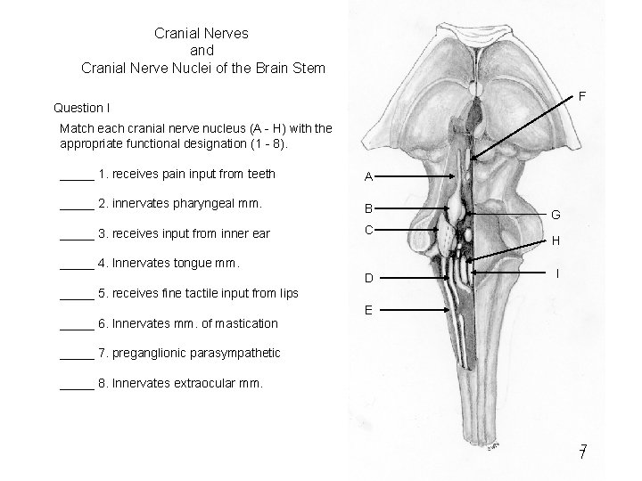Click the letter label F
pos(581,95)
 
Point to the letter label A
pos(368,176)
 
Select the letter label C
pos(368,230)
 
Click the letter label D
pos(368,279)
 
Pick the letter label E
pos(368,311)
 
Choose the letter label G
pos(556,215)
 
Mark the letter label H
pos(556,240)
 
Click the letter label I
pos(557,274)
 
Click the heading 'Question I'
pos(82,108)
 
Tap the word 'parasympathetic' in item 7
pos(235,354)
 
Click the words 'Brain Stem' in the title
pos(287,67)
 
